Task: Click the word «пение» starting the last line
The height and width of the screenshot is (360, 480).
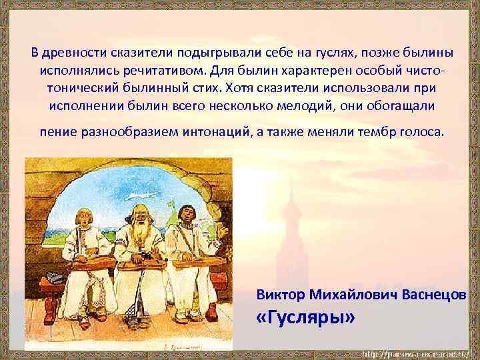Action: pyautogui.click(x=58, y=131)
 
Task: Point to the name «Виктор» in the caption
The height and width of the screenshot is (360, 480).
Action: pyautogui.click(x=278, y=295)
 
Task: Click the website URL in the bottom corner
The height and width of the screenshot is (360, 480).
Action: pyautogui.click(x=415, y=352)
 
